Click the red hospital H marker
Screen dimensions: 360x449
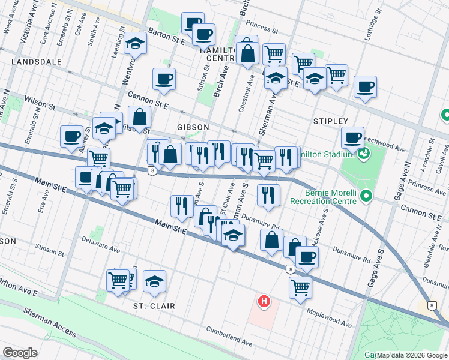pos(262,301)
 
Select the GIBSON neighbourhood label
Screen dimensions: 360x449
pos(193,127)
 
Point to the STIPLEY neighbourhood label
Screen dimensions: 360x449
pos(330,121)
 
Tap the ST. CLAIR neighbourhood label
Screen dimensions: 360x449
pos(154,306)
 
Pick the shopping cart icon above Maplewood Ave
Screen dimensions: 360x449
pos(300,286)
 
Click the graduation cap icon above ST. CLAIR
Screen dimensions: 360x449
pos(155,280)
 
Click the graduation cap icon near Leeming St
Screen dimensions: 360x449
pos(136,43)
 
